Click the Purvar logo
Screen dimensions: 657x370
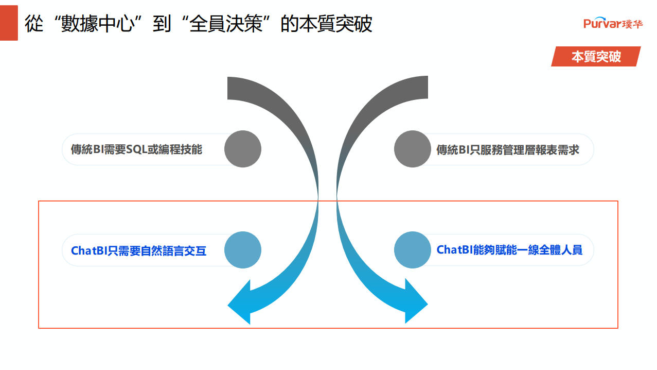(x=613, y=23)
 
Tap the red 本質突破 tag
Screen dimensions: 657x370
(x=596, y=56)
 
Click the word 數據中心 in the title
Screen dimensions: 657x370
(x=98, y=24)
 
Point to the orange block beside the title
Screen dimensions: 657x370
(x=9, y=23)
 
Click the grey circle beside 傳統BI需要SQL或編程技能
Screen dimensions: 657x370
(x=243, y=149)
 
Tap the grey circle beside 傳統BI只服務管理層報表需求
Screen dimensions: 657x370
(x=413, y=149)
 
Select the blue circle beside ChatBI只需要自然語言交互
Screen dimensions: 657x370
(x=243, y=250)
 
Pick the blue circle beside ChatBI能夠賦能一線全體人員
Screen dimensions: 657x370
(x=413, y=250)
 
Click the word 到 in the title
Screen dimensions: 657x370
(x=162, y=24)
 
